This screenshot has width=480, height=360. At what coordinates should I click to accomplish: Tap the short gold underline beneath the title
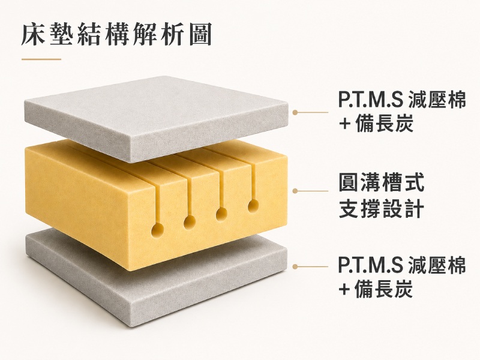pos(41,59)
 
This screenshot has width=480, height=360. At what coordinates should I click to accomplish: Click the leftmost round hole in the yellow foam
pos(158,230)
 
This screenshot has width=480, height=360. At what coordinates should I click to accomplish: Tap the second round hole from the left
pos(190,221)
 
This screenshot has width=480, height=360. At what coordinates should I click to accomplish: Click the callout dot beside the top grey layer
pos(295,112)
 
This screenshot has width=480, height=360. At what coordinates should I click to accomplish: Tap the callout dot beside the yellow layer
pos(295,191)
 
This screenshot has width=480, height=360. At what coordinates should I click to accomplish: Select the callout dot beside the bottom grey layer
pos(295,266)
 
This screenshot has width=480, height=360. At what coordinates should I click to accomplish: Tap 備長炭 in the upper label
pos(385,124)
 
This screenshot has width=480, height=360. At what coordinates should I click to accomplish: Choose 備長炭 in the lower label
pos(385,289)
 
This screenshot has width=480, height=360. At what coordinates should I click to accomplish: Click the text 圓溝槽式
pos(382,182)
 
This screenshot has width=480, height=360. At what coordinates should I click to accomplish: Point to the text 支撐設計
pos(382,209)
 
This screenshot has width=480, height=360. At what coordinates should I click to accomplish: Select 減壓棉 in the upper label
pos(437,100)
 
